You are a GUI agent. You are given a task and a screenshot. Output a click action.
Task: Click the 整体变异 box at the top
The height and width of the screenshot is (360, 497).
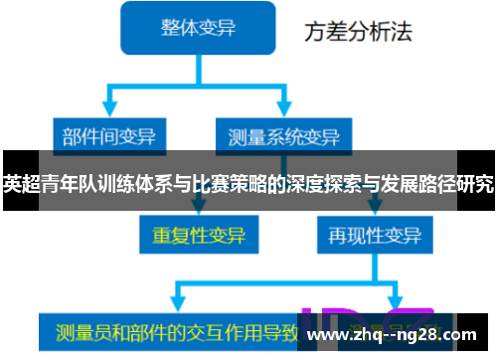click(200, 28)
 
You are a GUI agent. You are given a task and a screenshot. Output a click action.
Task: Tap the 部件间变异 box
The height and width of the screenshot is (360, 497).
click(108, 133)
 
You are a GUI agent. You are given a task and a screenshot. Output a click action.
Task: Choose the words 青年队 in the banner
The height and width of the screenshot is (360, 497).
click(65, 183)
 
